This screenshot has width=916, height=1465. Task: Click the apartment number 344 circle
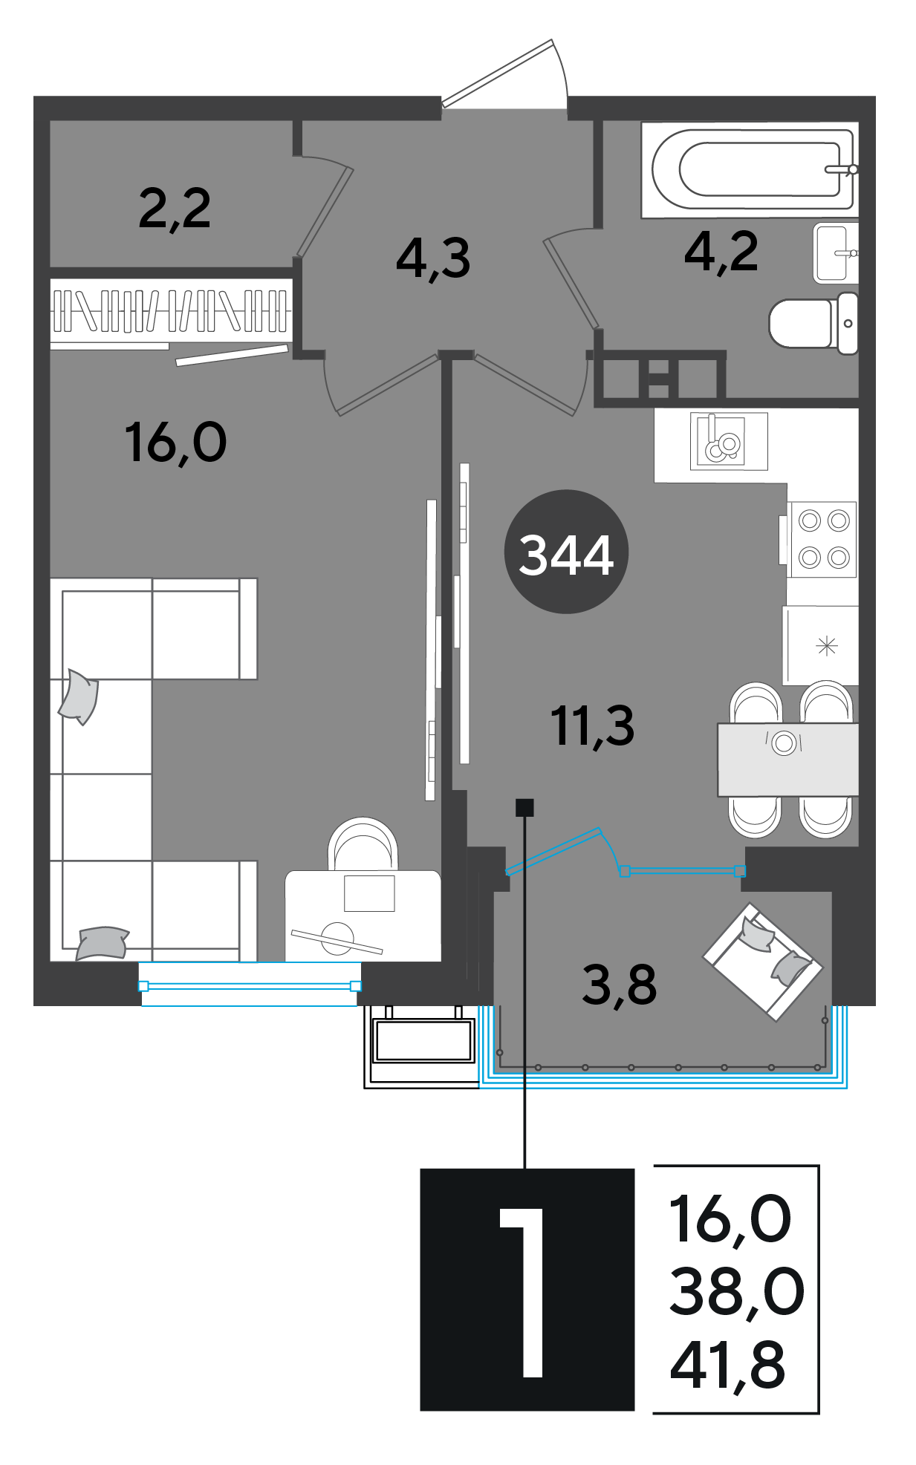coord(566,552)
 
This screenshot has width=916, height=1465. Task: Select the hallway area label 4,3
coord(433,258)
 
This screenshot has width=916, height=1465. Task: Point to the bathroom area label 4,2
coord(721,252)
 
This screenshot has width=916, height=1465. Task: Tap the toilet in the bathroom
coord(813,324)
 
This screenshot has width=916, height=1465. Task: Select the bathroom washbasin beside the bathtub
coord(836,252)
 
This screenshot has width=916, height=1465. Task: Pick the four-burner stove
coord(822,539)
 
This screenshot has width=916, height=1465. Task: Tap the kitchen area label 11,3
coord(592,725)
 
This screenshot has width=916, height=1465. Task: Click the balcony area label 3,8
coord(619,985)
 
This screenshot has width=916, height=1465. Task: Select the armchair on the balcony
coord(763,962)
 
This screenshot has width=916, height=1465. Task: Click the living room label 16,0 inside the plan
coord(176,443)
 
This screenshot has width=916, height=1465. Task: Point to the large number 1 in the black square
coord(523,1293)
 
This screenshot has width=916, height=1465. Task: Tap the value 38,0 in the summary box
coord(736,1292)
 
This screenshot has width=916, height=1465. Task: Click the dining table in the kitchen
coord(787,760)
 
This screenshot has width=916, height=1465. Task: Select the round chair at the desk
coord(363,845)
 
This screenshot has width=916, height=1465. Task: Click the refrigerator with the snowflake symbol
coord(821,645)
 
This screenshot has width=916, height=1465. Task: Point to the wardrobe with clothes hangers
coord(171,311)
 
